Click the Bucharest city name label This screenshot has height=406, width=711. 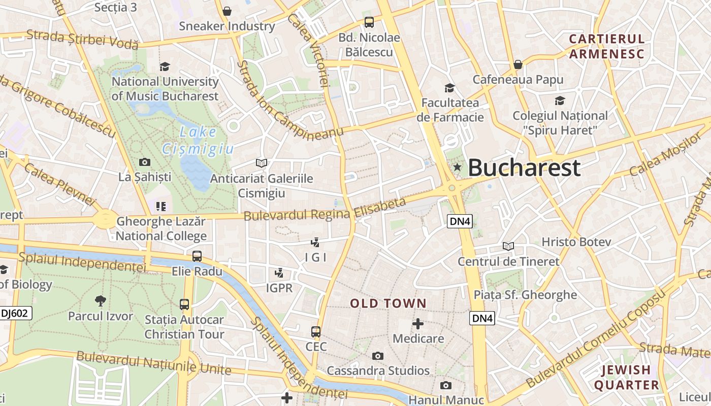point(524,167)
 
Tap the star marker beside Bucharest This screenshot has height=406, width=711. point(457,167)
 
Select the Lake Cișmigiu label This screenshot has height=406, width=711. point(198,141)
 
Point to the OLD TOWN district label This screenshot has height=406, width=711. point(388,303)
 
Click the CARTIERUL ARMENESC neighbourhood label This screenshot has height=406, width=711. point(606,46)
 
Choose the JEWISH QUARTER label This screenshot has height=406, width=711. point(626,377)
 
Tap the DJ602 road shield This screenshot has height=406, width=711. point(14,313)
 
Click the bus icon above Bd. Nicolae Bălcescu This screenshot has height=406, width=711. point(369,22)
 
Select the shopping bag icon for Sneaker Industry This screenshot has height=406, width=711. point(227,11)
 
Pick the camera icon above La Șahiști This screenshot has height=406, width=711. point(145,162)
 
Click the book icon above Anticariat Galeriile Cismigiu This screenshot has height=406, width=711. point(262,163)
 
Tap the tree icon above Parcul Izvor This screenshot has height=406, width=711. point(101,300)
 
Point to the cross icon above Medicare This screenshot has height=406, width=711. point(418,324)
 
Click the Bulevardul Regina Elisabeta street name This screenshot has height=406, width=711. point(325,210)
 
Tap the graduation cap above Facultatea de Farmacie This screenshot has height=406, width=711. point(449,88)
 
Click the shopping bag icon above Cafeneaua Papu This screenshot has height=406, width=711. point(518,64)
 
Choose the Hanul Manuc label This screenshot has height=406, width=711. point(446,400)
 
